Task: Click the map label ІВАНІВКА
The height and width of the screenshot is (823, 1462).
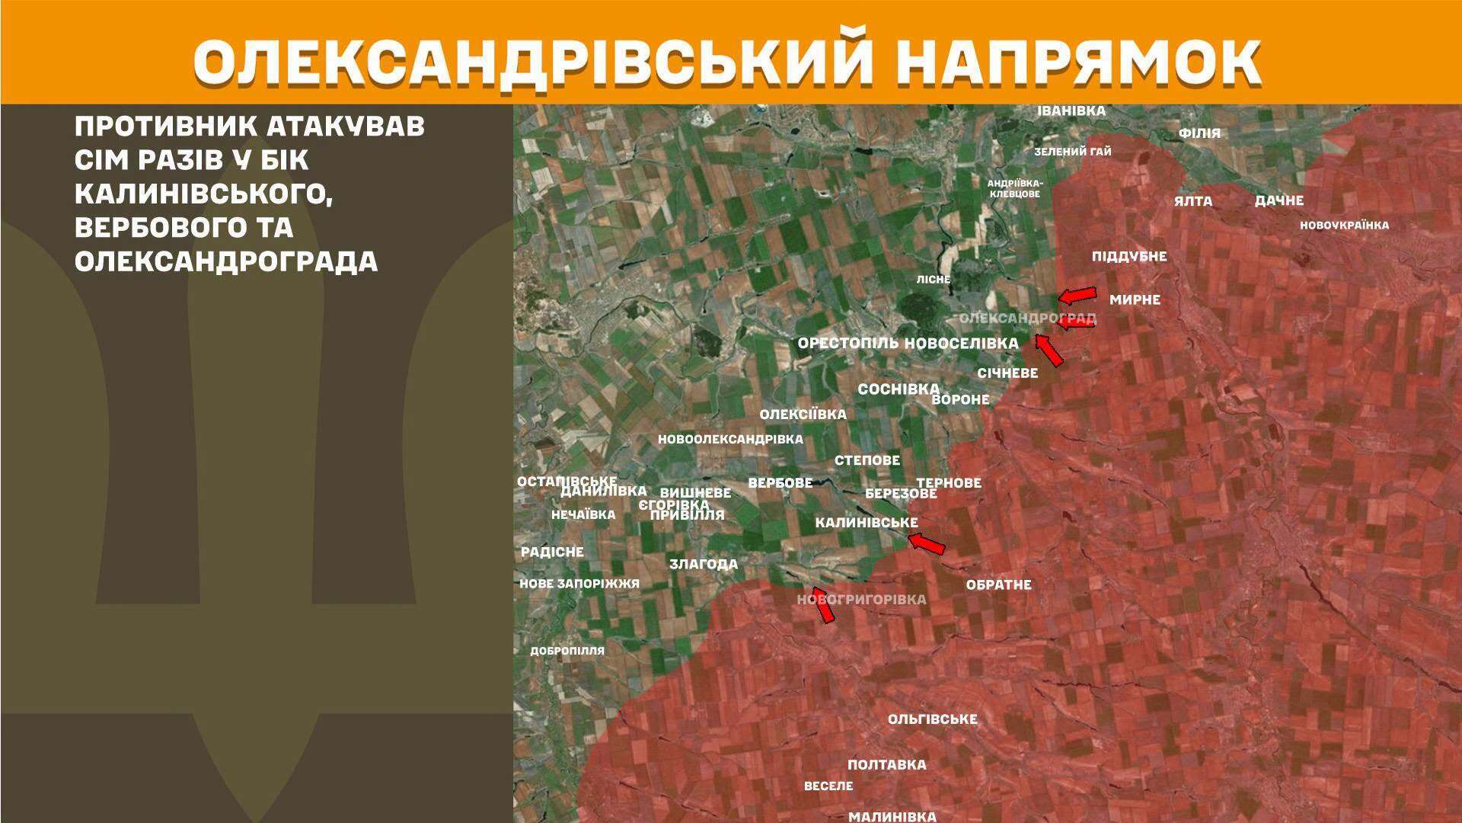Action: [1071, 111]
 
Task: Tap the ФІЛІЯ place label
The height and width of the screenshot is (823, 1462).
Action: [1199, 133]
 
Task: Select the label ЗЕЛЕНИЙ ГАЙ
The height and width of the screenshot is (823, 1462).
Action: [1072, 152]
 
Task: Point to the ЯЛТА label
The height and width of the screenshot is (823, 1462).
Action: [1192, 201]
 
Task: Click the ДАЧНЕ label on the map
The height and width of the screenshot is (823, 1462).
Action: [1279, 201]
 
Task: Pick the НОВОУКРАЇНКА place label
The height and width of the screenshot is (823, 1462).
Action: [1344, 225]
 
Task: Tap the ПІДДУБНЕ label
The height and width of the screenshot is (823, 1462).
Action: [1129, 256]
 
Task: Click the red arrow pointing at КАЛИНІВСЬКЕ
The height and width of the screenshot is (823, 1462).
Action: [927, 544]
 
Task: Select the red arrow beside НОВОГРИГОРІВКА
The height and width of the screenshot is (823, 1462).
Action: [823, 604]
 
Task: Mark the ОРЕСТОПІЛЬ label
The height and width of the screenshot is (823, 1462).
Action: [848, 344]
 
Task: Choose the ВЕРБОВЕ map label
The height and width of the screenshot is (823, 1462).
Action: [780, 482]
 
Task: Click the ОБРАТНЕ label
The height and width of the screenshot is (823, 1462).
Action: [998, 584]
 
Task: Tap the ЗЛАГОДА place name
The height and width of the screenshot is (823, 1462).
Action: [704, 564]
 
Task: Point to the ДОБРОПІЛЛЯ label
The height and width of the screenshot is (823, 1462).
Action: [567, 651]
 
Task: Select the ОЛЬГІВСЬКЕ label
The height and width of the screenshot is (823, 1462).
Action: [932, 719]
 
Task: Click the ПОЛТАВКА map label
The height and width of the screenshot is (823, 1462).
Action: [887, 764]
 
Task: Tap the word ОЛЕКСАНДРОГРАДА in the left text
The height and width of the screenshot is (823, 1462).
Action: [226, 261]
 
